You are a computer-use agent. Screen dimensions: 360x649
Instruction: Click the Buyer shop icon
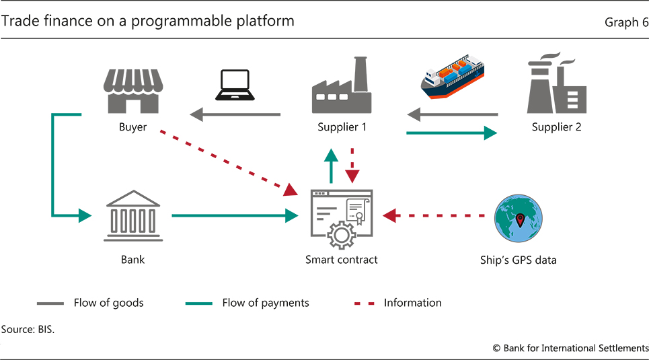pyautogui.click(x=133, y=90)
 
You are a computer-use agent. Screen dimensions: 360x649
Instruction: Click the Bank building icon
pyautogui.click(x=132, y=216)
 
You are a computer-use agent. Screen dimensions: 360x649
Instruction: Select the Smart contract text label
pyautogui.click(x=341, y=260)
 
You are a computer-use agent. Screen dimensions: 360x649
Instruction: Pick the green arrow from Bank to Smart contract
pyautogui.click(x=235, y=216)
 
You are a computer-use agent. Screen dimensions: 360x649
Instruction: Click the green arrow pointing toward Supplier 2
pyautogui.click(x=451, y=133)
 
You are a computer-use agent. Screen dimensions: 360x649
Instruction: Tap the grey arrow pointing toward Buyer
pyautogui.click(x=235, y=115)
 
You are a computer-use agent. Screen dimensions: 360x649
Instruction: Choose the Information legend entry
pyautogui.click(x=397, y=303)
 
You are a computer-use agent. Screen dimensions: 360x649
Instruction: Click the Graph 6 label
pyautogui.click(x=626, y=22)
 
